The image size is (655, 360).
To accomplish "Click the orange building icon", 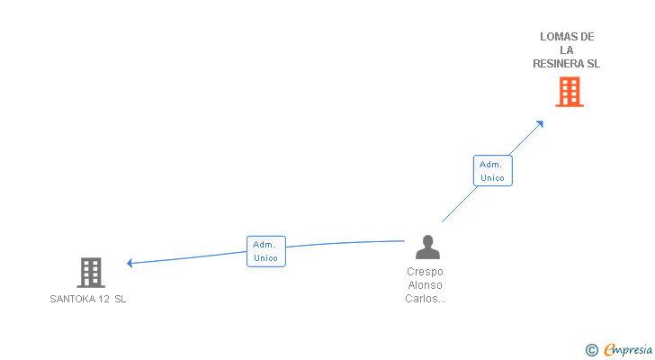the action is [570, 92].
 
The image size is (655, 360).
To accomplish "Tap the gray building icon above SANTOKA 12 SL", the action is [91, 273].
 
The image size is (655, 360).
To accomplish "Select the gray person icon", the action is [427, 247].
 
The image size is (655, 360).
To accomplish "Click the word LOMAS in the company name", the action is [555, 37].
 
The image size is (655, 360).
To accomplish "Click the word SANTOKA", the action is [73, 299].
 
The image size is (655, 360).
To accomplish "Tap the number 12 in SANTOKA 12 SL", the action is [104, 299].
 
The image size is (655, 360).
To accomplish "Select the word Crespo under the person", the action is [425, 272].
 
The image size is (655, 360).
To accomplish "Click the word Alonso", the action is [425, 285].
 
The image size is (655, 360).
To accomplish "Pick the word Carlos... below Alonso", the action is [426, 299].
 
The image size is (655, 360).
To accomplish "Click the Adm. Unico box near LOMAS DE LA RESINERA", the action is [492, 171].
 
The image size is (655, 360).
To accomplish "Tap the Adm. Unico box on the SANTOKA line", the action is [266, 251].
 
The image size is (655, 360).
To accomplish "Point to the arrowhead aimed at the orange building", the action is [540, 124].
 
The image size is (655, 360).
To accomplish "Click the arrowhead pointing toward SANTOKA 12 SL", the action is [130, 263].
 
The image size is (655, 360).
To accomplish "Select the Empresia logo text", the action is [628, 349].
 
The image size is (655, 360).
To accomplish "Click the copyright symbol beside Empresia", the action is [591, 350].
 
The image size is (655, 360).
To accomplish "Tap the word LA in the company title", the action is [567, 50].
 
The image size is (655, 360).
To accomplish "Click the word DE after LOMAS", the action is [587, 37].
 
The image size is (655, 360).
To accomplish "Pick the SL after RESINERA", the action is [594, 64].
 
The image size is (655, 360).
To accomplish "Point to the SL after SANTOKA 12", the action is [121, 299].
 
